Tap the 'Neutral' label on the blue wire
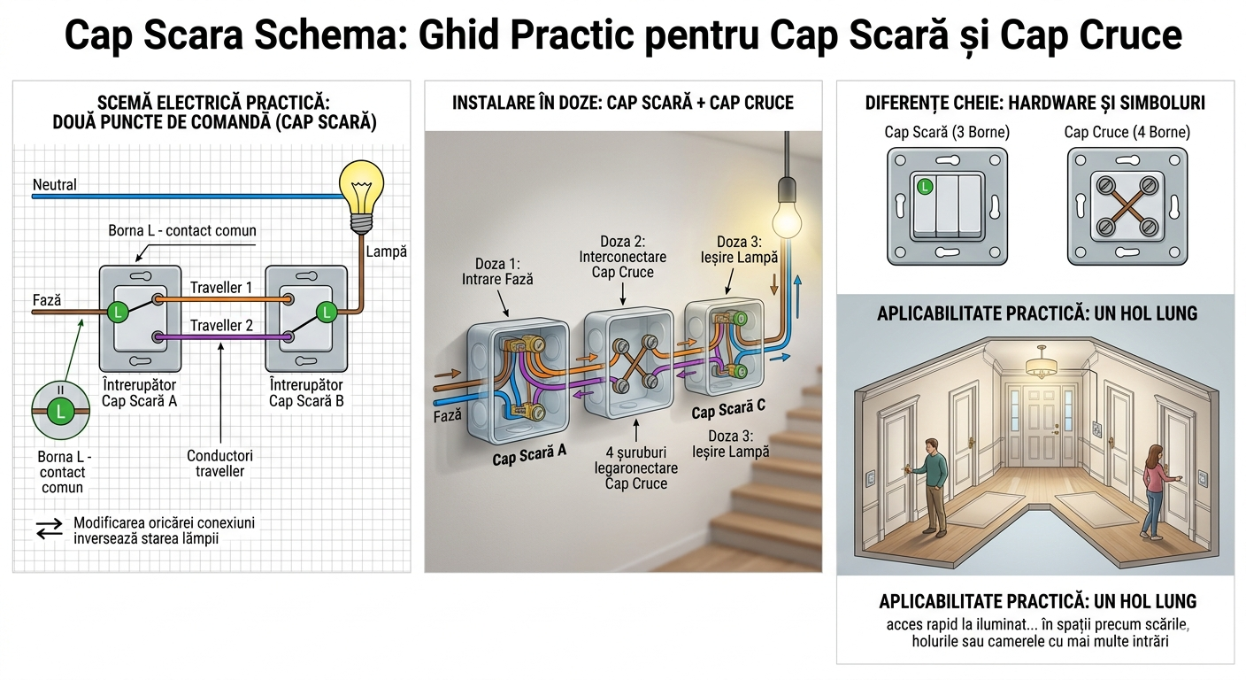click(55, 185)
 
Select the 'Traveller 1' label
click(221, 288)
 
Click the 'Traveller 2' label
click(221, 325)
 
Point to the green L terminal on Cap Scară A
click(117, 312)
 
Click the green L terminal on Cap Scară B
click(327, 312)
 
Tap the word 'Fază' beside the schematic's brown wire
click(47, 300)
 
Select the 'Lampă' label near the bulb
click(386, 251)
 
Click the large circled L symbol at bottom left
click(60, 411)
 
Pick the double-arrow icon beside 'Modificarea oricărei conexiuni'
click(50, 529)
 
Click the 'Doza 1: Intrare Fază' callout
click(498, 271)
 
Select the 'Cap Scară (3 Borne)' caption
click(947, 132)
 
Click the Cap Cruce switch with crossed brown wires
click(1126, 206)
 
